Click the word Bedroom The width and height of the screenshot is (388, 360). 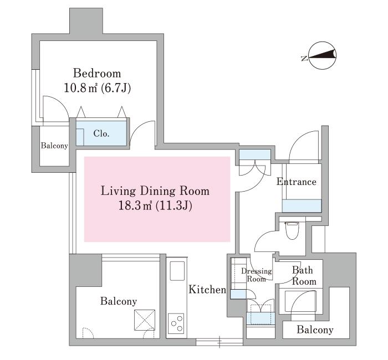click(x=97, y=74)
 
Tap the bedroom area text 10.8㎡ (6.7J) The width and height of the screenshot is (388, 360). click(x=97, y=88)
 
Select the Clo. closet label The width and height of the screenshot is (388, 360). click(x=101, y=134)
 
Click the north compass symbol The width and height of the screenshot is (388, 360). click(x=323, y=55)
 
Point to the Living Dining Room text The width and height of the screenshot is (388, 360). click(x=155, y=191)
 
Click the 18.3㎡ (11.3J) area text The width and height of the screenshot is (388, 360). click(x=155, y=205)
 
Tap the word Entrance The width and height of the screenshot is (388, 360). click(x=296, y=182)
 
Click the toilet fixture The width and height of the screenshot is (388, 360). click(x=292, y=230)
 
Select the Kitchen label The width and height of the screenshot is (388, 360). click(x=207, y=289)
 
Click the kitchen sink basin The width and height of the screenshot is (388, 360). click(x=177, y=271)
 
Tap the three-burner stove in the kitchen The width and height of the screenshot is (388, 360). click(x=176, y=323)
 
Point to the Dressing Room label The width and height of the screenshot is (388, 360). click(x=256, y=275)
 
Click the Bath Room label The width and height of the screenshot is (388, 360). click(x=304, y=276)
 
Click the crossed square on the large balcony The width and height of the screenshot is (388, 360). click(x=145, y=320)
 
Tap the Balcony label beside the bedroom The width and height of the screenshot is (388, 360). click(x=54, y=146)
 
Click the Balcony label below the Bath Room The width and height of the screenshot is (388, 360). click(x=315, y=330)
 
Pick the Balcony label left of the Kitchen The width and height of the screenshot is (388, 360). click(x=119, y=301)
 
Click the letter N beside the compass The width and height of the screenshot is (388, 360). click(x=304, y=58)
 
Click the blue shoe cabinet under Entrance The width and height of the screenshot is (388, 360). click(x=302, y=205)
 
